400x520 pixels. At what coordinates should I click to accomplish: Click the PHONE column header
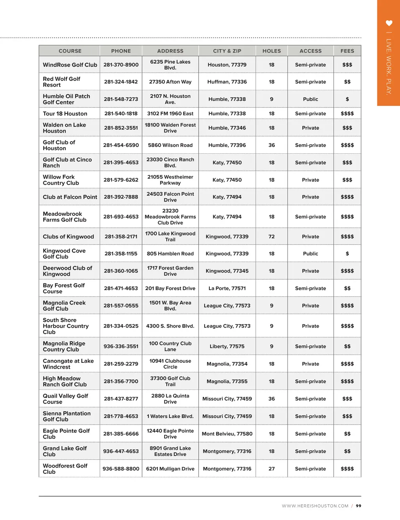coord(121,51)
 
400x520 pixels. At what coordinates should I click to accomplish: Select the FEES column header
coord(347,51)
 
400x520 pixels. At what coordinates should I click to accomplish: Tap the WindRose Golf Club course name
coord(70,65)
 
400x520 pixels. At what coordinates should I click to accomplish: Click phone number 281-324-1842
coord(121,82)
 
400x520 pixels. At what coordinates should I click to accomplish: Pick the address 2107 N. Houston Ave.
coord(170,99)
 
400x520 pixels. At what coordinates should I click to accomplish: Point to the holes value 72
coord(271,237)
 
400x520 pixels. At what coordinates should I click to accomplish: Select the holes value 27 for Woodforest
coord(271,469)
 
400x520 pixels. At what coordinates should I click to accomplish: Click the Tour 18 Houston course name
coord(65,114)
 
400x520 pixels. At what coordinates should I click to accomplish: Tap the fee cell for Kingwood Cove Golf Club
coord(347,254)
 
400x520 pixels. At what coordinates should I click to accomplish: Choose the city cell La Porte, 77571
coord(227,289)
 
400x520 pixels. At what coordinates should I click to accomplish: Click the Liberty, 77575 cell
coord(227,346)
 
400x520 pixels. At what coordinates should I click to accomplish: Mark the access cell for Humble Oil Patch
coord(311,99)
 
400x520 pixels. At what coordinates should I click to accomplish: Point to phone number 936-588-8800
coord(121,469)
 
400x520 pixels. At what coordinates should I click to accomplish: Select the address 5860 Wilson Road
coord(170,145)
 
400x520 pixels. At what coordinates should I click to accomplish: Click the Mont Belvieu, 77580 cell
coord(227,434)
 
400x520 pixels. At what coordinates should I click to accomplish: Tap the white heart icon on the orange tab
coord(389,23)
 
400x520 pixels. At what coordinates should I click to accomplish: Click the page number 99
coord(359,506)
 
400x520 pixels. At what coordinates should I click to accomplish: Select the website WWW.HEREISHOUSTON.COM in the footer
coord(315,506)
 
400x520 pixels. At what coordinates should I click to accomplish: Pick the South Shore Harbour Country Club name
coord(66,326)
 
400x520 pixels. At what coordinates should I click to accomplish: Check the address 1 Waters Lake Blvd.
coord(170,416)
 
